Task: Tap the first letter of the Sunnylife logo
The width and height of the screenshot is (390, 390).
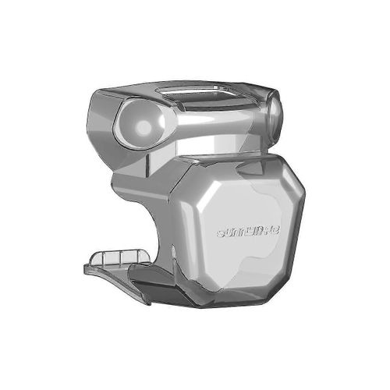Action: click(x=221, y=232)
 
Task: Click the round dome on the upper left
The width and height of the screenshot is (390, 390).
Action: click(x=143, y=123)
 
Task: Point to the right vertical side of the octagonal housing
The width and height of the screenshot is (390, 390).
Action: click(x=300, y=222)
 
